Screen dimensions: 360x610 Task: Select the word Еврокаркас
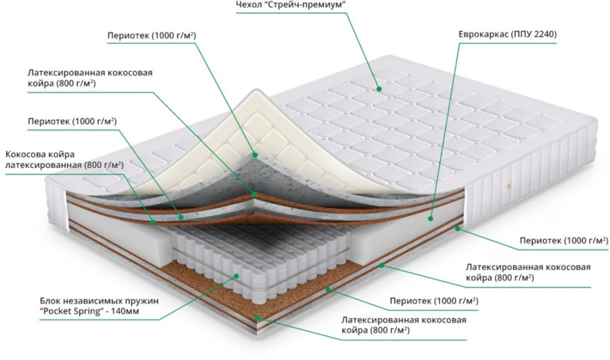[483, 34]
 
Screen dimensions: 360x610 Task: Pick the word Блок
[51, 301]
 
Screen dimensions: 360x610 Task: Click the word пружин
[142, 301]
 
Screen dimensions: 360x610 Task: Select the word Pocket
[57, 312]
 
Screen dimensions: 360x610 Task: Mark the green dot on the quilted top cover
[378, 89]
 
